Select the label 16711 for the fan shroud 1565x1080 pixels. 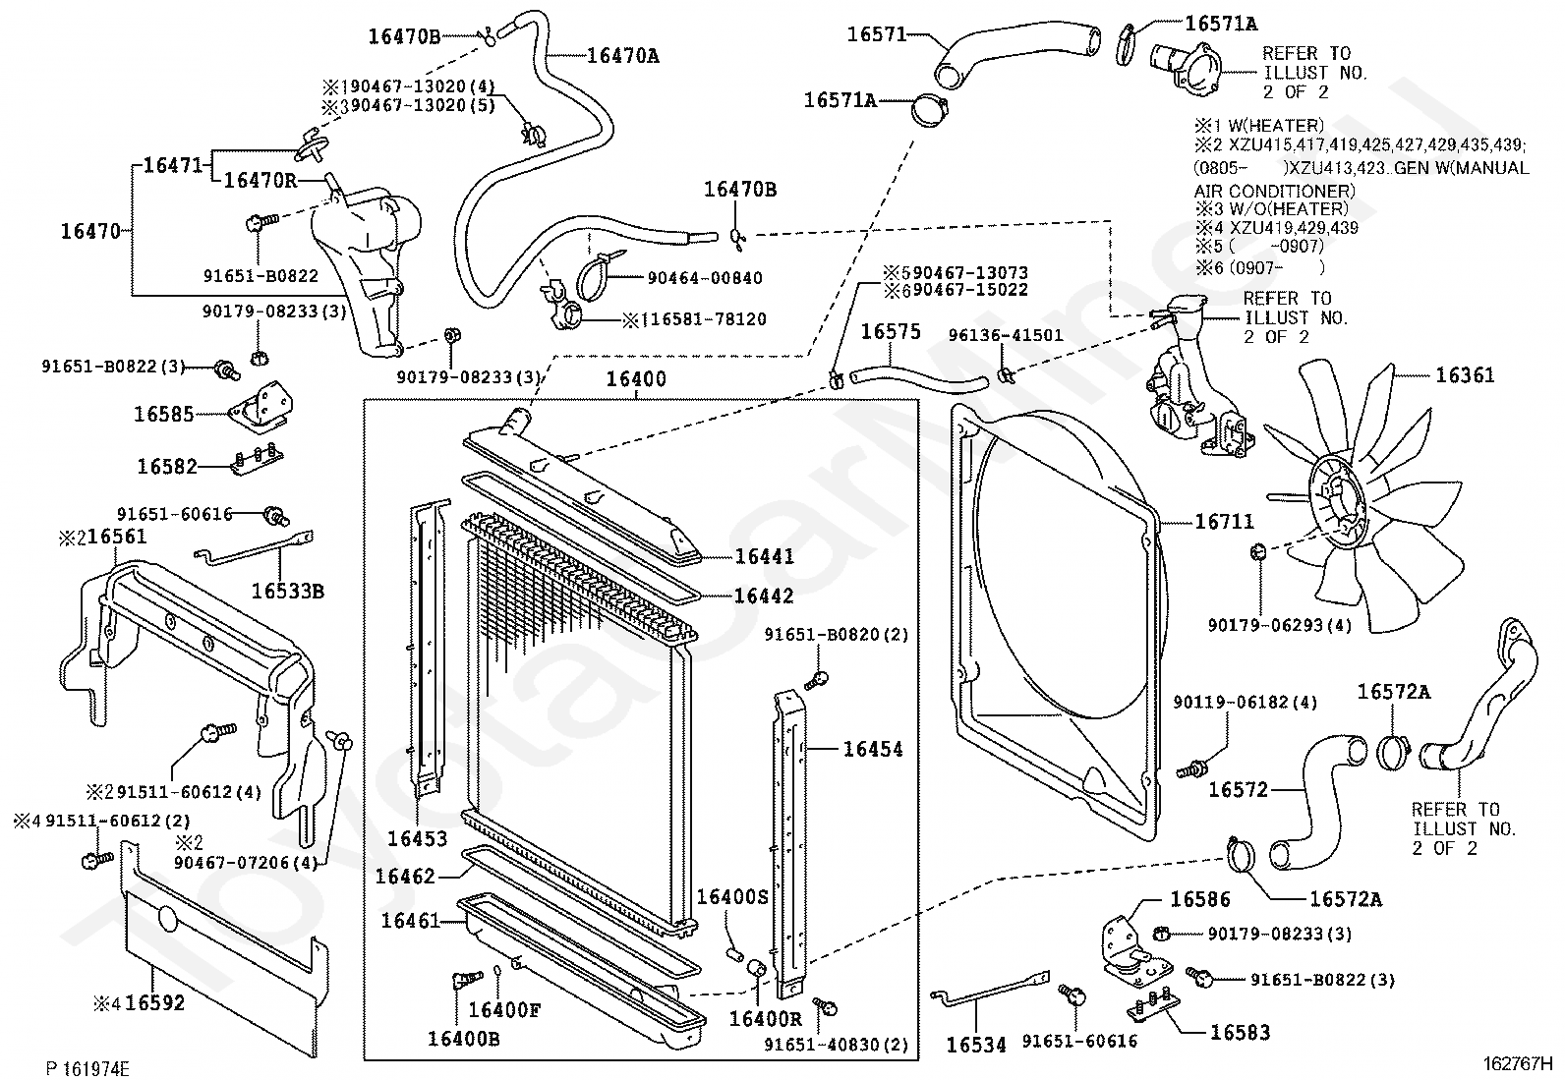click(1224, 522)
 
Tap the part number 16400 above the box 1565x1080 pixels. click(635, 379)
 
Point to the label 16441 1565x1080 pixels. click(764, 557)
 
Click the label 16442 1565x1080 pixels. click(764, 597)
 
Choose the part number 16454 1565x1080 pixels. click(872, 750)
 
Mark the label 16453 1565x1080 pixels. click(417, 838)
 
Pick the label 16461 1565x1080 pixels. click(410, 921)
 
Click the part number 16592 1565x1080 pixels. click(155, 1003)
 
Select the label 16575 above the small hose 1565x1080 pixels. click(891, 331)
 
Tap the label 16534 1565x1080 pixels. click(976, 1045)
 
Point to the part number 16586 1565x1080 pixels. click(1199, 899)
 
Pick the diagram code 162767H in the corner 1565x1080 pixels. click(1518, 1062)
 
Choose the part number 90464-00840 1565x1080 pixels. click(704, 278)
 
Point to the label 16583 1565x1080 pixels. click(1240, 1032)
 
